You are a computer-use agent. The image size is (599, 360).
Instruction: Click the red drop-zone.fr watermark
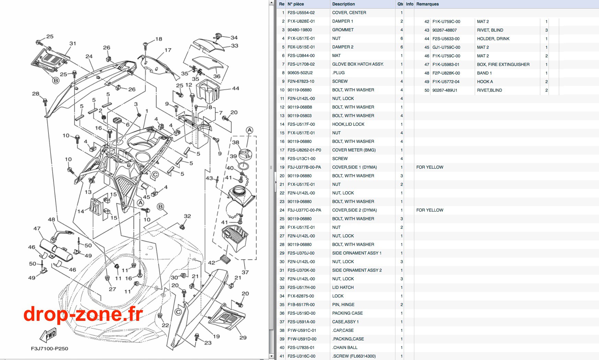pyautogui.click(x=83, y=314)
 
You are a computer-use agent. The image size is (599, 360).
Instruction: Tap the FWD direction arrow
pyautogui.click(x=48, y=335)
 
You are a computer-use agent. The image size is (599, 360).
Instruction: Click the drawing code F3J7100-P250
pyautogui.click(x=49, y=348)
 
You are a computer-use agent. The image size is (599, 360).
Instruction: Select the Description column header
pyautogui.click(x=343, y=4)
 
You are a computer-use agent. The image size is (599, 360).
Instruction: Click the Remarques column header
pyautogui.click(x=427, y=4)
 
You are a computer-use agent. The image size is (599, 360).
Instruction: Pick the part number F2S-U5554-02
pyautogui.click(x=301, y=13)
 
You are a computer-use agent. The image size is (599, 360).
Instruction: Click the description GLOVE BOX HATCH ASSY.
pyautogui.click(x=358, y=64)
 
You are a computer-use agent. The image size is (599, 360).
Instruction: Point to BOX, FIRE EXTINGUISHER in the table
pyautogui.click(x=503, y=65)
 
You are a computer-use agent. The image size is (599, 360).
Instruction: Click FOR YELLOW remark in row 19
pyautogui.click(x=430, y=167)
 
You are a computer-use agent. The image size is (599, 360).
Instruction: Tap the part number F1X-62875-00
pyautogui.click(x=301, y=296)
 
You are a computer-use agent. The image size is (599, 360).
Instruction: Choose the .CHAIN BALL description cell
pyautogui.click(x=345, y=348)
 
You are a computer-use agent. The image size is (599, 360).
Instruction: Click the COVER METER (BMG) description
pyautogui.click(x=354, y=150)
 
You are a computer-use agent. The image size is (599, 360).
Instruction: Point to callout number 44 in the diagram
pyautogui.click(x=235, y=88)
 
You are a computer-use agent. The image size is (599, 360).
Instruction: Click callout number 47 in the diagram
pyautogui.click(x=37, y=228)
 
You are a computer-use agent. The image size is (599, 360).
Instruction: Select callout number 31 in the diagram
pyautogui.click(x=73, y=44)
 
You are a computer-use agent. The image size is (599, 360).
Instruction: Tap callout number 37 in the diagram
pyautogui.click(x=245, y=272)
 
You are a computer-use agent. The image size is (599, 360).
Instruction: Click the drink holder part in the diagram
pyautogui.click(x=208, y=91)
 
